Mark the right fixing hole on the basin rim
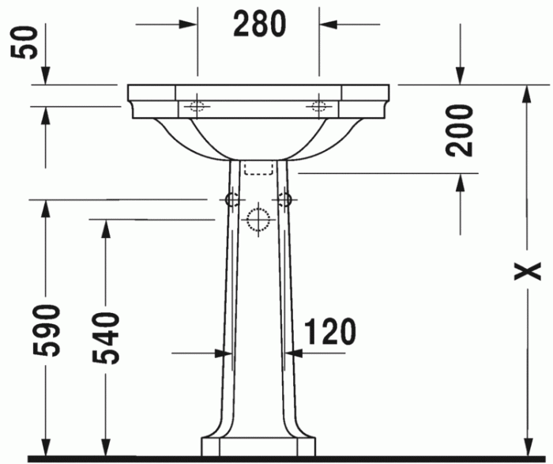[319, 106]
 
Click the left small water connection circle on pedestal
[231, 199]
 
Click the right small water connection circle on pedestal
[284, 199]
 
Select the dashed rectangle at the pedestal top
[258, 168]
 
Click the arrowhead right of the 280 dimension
[328, 24]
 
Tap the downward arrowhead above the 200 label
[461, 74]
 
